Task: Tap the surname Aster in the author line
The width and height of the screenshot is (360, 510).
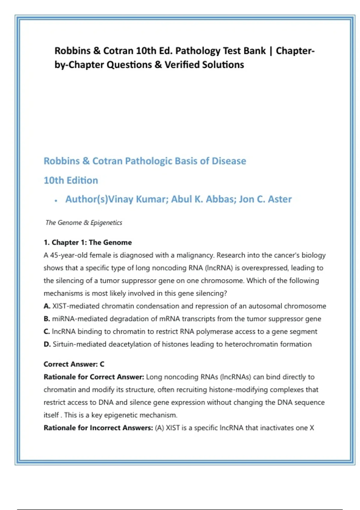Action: coord(280,199)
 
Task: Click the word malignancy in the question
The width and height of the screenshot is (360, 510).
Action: coord(195,255)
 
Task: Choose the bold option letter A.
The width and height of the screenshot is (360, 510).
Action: coord(47,306)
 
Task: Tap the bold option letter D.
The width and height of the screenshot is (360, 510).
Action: coord(47,344)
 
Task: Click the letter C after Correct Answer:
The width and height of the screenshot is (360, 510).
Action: coord(102,364)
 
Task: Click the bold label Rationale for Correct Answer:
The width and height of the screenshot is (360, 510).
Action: coord(94,377)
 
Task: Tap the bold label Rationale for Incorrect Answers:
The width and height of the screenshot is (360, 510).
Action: coord(98,428)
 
